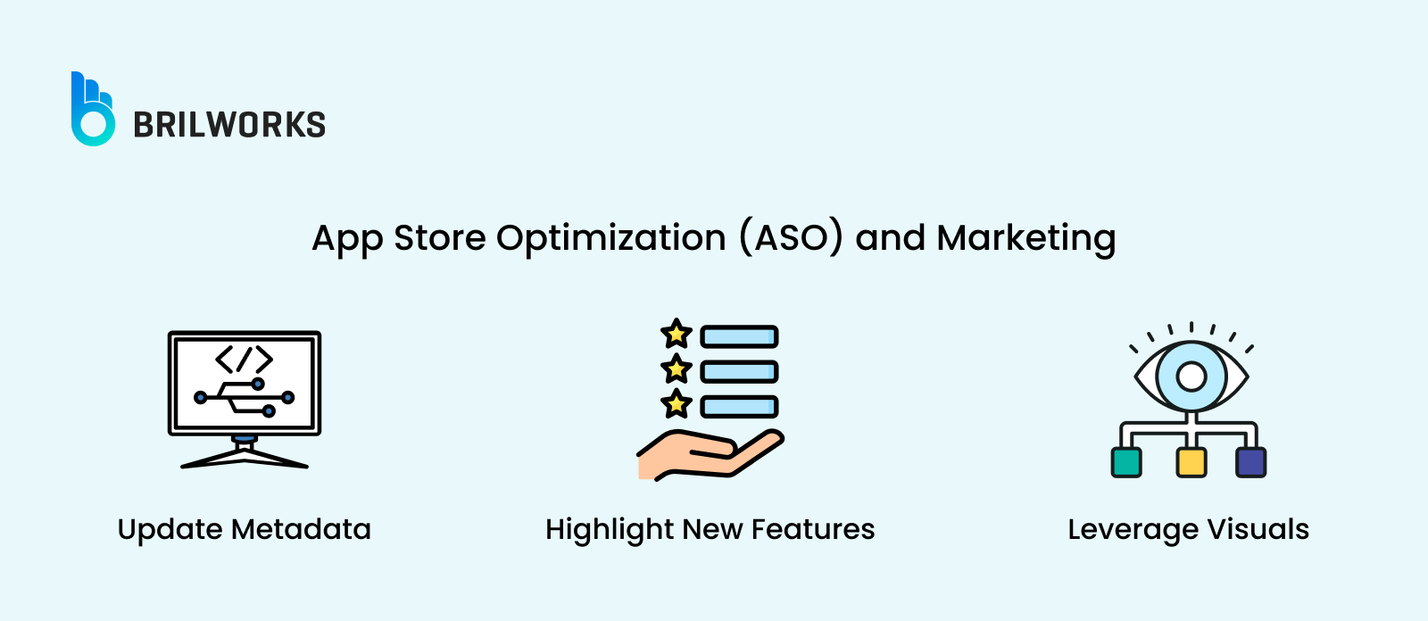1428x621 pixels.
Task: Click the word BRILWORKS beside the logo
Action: pyautogui.click(x=229, y=125)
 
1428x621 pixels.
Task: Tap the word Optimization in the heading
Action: pyautogui.click(x=610, y=238)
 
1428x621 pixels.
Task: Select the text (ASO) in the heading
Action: pyautogui.click(x=791, y=238)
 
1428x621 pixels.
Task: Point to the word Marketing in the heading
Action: pyautogui.click(x=1025, y=238)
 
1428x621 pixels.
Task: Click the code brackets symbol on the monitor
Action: pyautogui.click(x=244, y=359)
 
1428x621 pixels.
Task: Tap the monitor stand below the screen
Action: pyautogui.click(x=245, y=452)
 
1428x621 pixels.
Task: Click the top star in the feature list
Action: pyautogui.click(x=676, y=335)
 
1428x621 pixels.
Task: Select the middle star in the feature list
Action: pyautogui.click(x=676, y=368)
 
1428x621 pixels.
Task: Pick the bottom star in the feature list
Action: pyautogui.click(x=676, y=404)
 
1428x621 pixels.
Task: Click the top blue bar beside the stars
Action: pyautogui.click(x=739, y=336)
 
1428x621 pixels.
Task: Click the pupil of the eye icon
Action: pyautogui.click(x=1191, y=377)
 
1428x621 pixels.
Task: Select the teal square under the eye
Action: pyautogui.click(x=1126, y=462)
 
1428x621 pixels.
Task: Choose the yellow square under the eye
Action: pyautogui.click(x=1191, y=462)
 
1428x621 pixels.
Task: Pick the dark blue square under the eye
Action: pyautogui.click(x=1250, y=462)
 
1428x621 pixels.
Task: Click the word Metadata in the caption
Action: pyautogui.click(x=301, y=529)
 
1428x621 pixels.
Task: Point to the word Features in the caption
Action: pyautogui.click(x=813, y=529)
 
